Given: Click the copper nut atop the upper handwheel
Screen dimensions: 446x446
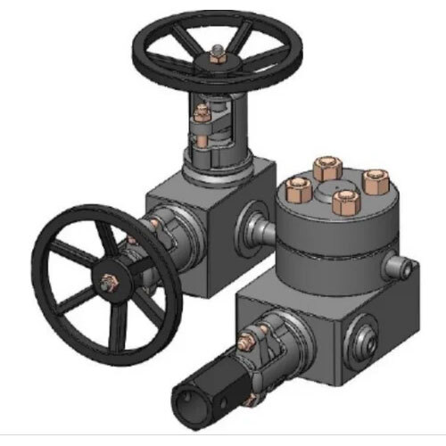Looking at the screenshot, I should [x=217, y=60].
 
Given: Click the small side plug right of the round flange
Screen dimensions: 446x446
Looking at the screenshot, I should [x=406, y=268].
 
